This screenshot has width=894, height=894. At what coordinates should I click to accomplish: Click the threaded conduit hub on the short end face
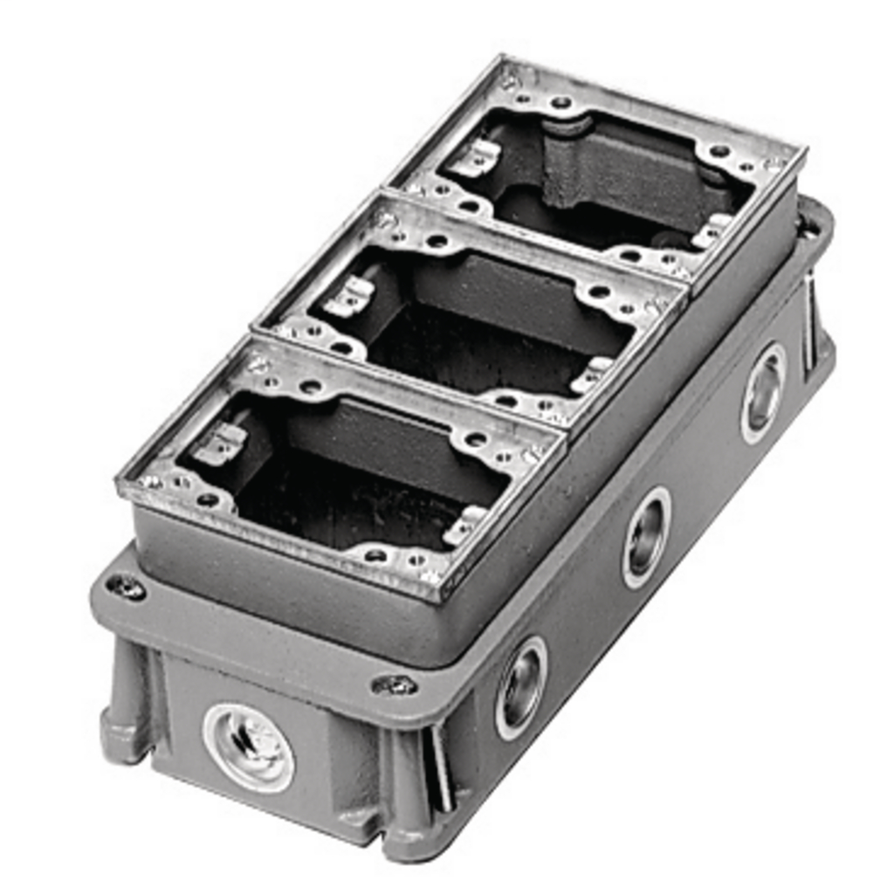(x=248, y=747)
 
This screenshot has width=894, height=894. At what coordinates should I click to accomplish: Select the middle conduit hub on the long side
(x=646, y=537)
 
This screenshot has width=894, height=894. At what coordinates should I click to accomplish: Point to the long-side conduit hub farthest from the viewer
(x=763, y=392)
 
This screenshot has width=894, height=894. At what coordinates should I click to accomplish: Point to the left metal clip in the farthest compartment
(x=477, y=157)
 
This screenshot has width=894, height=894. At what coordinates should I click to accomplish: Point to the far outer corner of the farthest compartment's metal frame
(x=799, y=154)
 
